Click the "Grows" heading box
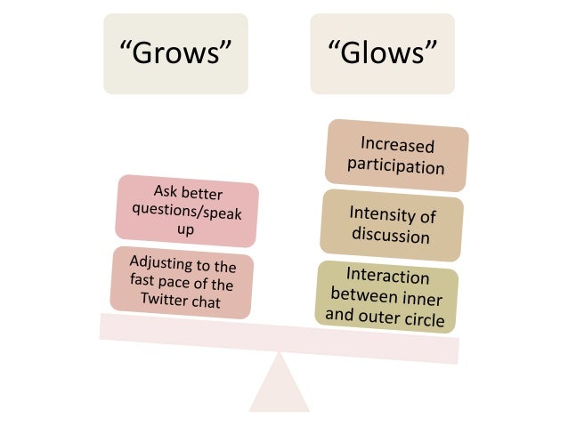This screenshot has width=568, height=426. coord(176,54)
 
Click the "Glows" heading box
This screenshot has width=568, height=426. coord(382,54)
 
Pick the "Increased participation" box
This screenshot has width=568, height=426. coord(396,155)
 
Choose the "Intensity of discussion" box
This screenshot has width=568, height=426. coord(391,224)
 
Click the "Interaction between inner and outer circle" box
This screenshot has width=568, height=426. coord(386,295)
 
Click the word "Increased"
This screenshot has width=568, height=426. coord(397,144)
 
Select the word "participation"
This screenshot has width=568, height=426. coord(395,166)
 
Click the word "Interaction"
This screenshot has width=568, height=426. coord(387,275)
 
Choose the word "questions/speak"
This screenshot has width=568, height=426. coord(186,213)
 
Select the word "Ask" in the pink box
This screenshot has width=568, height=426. coord(166,191)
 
